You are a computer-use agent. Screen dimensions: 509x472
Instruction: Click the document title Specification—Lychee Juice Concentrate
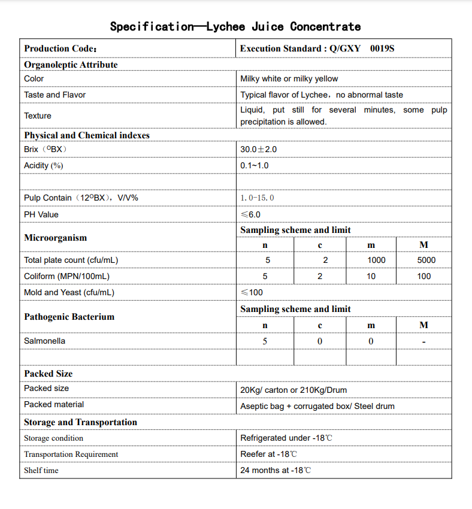pos(235,26)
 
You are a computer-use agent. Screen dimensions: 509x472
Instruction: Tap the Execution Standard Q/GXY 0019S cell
pos(317,49)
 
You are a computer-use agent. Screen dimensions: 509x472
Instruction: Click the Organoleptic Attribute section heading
pos(71,65)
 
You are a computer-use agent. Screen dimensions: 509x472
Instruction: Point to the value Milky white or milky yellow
pos(289,78)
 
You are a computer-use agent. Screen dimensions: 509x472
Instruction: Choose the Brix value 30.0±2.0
pos(258,149)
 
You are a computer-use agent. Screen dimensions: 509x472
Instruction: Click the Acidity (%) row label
pos(43,165)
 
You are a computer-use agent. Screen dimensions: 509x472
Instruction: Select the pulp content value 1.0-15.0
pos(257,198)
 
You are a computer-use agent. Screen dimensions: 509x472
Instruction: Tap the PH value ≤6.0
pos(250,214)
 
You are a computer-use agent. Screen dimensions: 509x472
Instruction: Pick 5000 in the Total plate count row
pos(426,260)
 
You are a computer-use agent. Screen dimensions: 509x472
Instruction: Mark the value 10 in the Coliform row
pos(371,276)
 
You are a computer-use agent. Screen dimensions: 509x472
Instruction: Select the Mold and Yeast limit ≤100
pos(252,292)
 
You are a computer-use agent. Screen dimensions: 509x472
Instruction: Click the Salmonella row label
pos(44,341)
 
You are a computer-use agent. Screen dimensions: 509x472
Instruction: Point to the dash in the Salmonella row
pos(423,342)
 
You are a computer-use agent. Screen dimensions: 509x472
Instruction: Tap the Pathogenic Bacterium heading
pos(69,317)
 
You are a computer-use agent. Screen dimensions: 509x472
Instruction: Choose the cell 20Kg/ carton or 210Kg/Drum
pos(294,390)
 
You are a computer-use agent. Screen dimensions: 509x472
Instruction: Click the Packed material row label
pos(54,404)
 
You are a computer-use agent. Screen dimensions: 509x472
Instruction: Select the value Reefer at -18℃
pos(268,454)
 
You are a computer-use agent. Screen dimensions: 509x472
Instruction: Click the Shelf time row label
pos(41,470)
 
